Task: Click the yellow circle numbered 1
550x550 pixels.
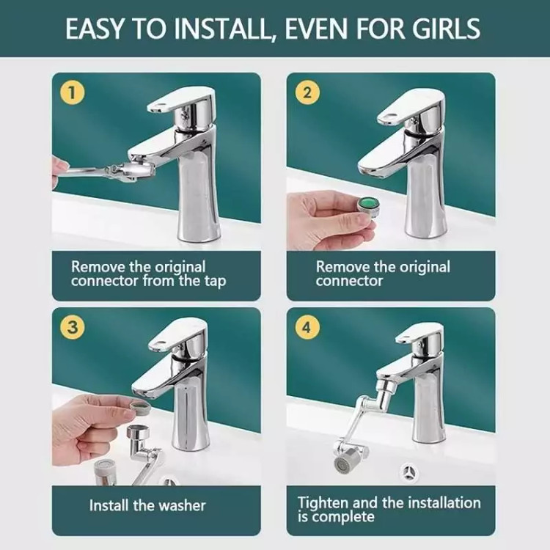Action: [72, 92]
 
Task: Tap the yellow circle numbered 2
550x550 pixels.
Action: [307, 92]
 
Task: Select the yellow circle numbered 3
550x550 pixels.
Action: [72, 327]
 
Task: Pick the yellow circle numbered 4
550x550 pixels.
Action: [307, 327]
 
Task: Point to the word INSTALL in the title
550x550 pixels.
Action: [223, 29]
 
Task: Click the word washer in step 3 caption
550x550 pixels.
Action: [182, 505]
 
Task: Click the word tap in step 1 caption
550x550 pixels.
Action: [215, 282]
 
